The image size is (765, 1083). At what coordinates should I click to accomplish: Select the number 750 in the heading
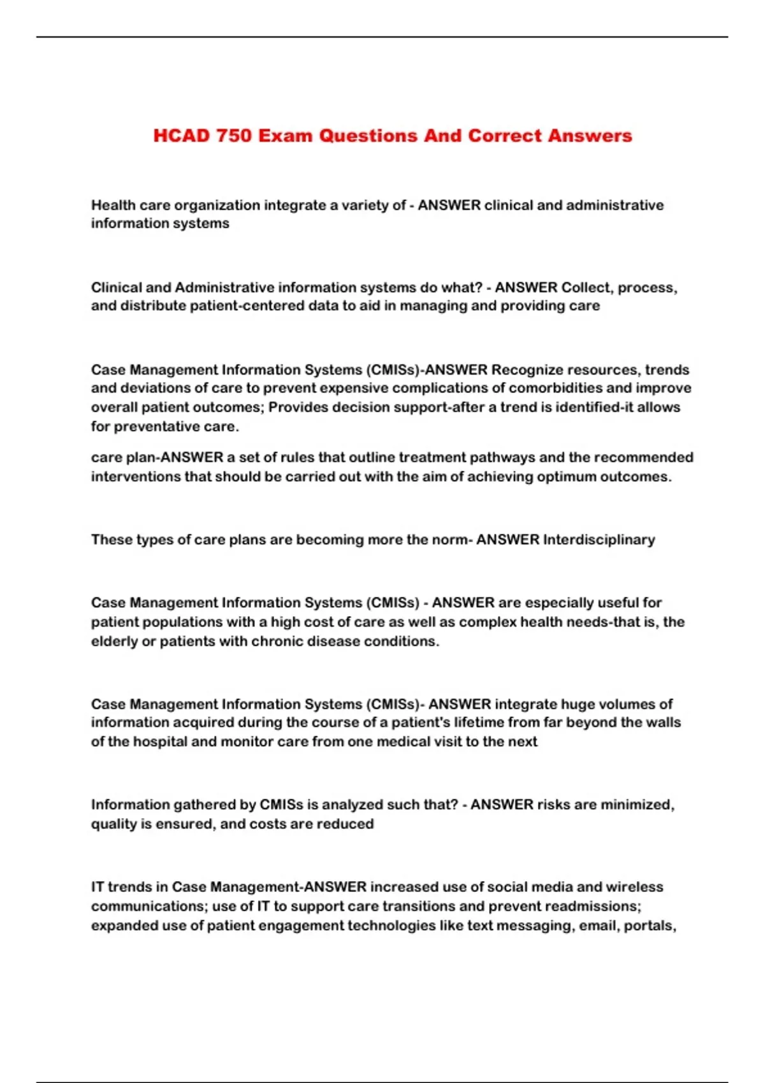pyautogui.click(x=234, y=136)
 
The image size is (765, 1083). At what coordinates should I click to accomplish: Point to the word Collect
pyautogui.click(x=585, y=287)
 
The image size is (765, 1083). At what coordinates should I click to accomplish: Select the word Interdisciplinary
pyautogui.click(x=599, y=540)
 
